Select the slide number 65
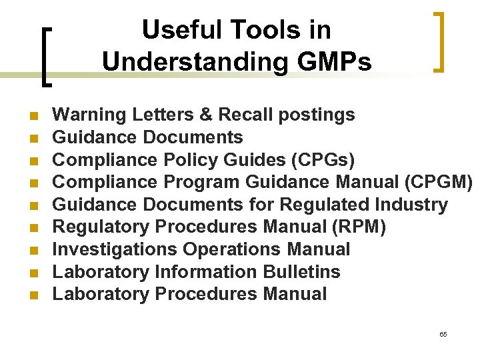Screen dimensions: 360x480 coord(443,334)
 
